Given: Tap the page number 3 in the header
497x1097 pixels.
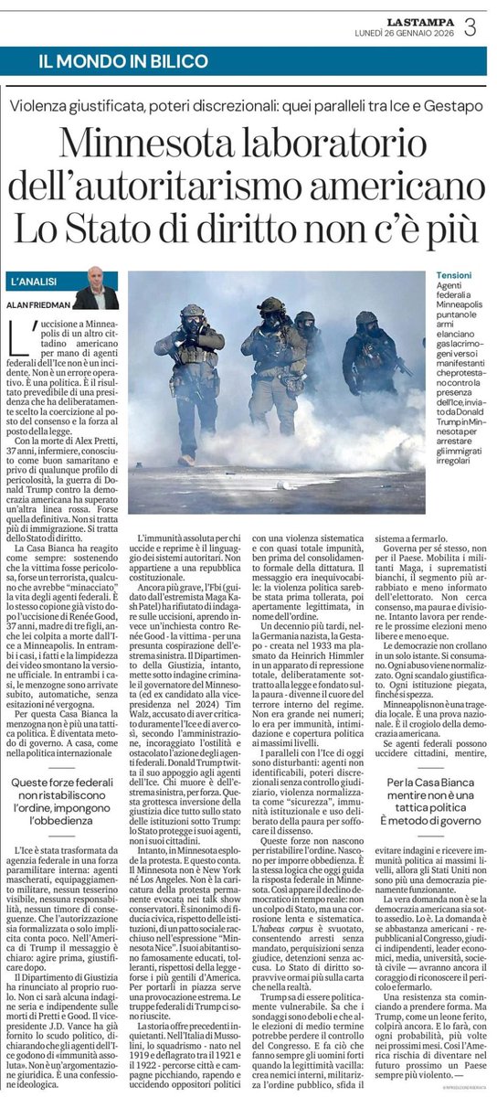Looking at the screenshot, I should (x=470, y=27).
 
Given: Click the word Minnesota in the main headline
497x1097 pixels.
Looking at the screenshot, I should (x=151, y=144).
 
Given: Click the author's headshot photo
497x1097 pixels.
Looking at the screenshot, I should (x=94, y=288).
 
